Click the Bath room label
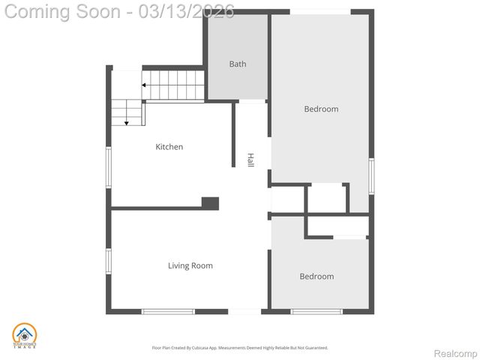tap(237, 64)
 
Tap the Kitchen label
tap(169, 147)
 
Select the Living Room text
tap(190, 265)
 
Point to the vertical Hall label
tap(250, 160)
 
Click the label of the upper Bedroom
tap(321, 109)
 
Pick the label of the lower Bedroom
tap(316, 277)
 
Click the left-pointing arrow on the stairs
tap(144, 85)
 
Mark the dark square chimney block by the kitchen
tap(210, 203)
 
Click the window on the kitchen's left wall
tap(109, 166)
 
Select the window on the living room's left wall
tap(109, 260)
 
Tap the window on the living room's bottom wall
tap(168, 311)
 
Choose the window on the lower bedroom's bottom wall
tap(316, 311)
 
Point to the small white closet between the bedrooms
tap(325, 198)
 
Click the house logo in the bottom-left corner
tap(25, 335)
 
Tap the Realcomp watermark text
tap(456, 353)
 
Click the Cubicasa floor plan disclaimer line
tap(240, 348)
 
